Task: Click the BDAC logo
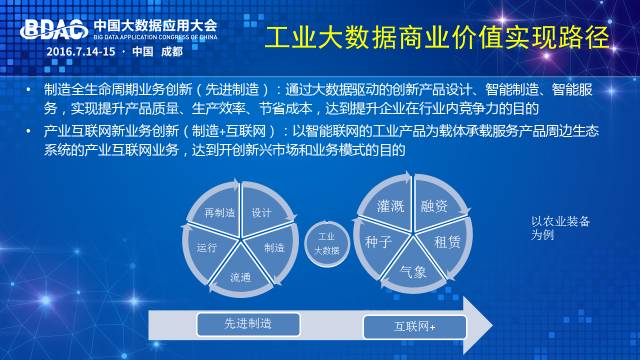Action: pos(54,30)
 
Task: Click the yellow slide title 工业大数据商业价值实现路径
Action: pos(437,38)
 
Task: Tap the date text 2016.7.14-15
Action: pos(81,52)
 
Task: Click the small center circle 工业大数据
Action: pos(327,244)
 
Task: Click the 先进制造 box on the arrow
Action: pos(248,324)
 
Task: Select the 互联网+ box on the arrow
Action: pos(415,327)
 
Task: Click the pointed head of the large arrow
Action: pos(492,325)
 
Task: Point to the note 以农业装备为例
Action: pos(560,228)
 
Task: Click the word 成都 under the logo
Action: pos(171,52)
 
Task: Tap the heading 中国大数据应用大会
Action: pos(155,26)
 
